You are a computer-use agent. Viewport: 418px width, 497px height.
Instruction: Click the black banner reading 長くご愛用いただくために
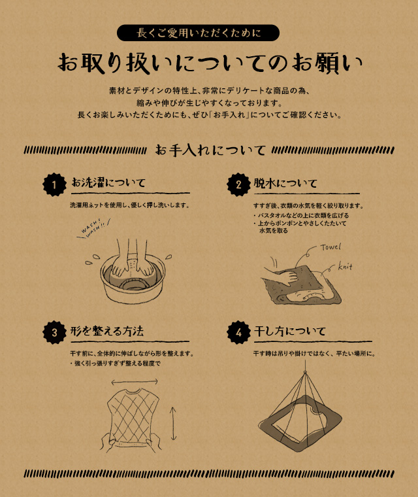click(x=199, y=33)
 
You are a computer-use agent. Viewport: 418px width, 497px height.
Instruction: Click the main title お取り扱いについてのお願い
click(x=210, y=63)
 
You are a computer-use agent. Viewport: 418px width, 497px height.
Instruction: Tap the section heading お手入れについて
click(x=210, y=150)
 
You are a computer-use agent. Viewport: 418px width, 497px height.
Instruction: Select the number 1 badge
click(x=54, y=184)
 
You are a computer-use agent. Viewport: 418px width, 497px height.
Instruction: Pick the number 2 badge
click(x=238, y=184)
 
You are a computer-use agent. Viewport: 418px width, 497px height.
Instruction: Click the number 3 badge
click(x=54, y=332)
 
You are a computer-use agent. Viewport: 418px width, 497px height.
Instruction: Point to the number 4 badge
click(x=238, y=332)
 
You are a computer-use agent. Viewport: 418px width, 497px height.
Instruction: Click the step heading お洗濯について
click(x=108, y=182)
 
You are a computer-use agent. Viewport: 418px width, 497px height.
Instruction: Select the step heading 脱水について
click(x=285, y=183)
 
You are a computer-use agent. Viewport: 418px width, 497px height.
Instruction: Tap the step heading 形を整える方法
click(x=107, y=332)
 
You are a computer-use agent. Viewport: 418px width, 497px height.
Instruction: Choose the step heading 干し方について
click(x=290, y=332)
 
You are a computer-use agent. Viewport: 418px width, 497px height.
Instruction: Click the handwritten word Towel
click(x=330, y=247)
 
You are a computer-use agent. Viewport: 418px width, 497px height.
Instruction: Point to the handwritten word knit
click(x=345, y=266)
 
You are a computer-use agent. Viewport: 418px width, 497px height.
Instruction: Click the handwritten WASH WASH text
click(x=94, y=228)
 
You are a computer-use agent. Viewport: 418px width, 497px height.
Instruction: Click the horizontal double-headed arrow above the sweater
click(x=135, y=382)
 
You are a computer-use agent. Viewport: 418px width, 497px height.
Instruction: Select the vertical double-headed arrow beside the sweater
click(x=173, y=424)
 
